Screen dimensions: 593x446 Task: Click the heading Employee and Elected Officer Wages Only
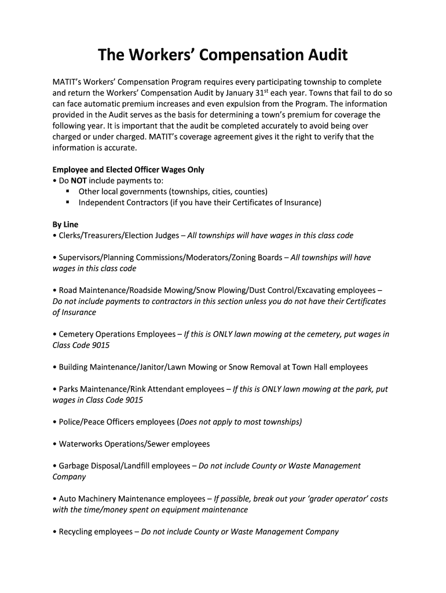click(x=129, y=170)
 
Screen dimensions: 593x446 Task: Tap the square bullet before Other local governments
click(x=68, y=191)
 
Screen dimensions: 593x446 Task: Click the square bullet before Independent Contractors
click(x=68, y=202)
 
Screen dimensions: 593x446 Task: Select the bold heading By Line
click(x=65, y=224)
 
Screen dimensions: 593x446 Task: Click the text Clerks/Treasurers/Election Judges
click(x=118, y=236)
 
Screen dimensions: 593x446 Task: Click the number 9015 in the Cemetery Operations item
click(x=99, y=345)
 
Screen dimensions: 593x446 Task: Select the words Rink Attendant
click(x=158, y=389)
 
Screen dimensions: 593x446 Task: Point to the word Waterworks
click(x=81, y=444)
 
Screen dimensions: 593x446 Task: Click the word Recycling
click(x=76, y=532)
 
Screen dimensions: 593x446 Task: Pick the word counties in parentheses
click(x=248, y=192)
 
